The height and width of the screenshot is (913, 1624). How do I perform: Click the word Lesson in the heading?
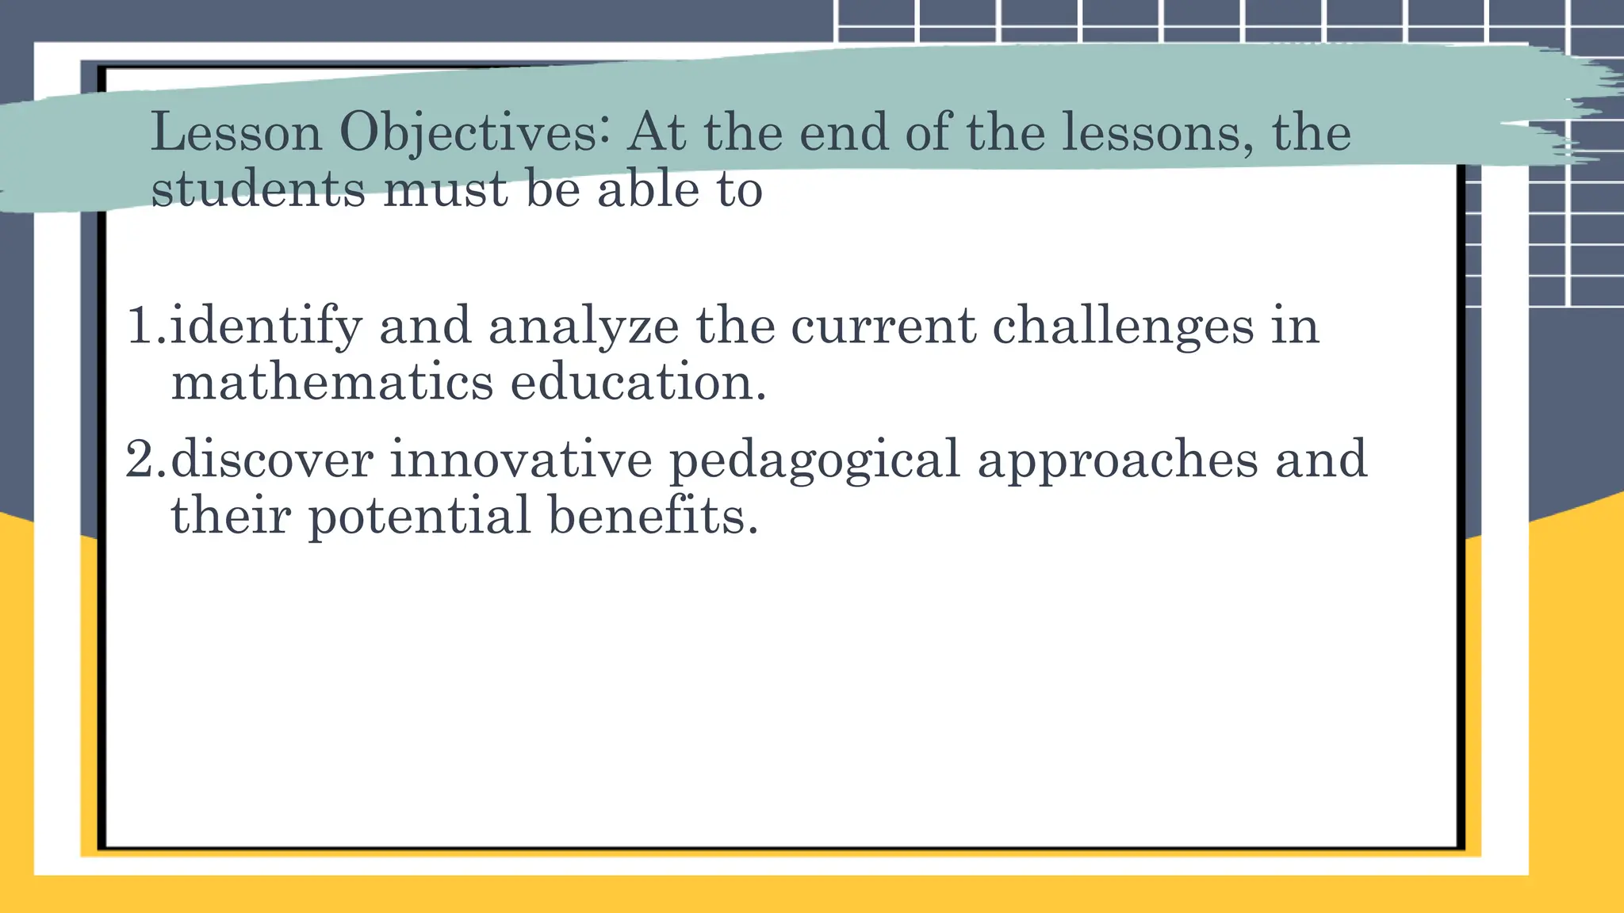pos(236,132)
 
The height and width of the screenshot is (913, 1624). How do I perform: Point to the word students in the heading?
pos(258,190)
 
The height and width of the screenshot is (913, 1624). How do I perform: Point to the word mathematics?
pos(332,383)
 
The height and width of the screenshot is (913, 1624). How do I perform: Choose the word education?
pos(638,383)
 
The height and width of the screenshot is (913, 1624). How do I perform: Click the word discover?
pos(272,460)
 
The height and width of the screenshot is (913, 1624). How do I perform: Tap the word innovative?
pos(521,460)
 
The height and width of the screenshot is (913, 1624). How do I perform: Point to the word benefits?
pos(653,515)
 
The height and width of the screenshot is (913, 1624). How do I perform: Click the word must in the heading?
pos(445,190)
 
